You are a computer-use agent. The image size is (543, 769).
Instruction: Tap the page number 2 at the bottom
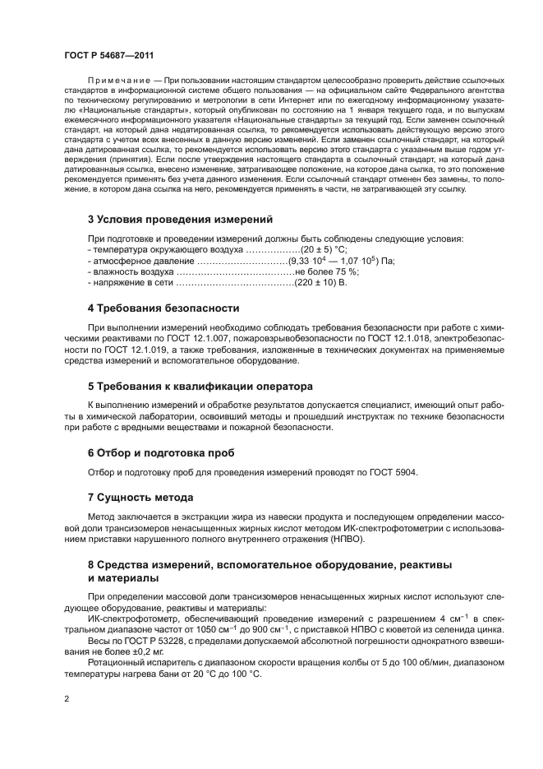click(x=66, y=697)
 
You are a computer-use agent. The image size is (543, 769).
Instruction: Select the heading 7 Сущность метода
click(x=140, y=498)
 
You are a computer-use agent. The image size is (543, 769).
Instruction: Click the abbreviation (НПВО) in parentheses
click(x=347, y=539)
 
